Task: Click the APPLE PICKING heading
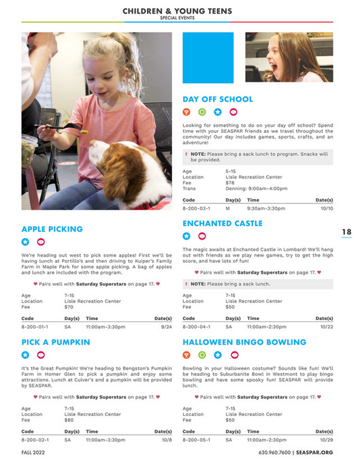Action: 52,229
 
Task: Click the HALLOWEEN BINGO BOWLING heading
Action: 244,342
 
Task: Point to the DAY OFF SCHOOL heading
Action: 217,99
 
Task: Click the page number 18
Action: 346,233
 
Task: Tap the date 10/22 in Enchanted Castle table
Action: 326,327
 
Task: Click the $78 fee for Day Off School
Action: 230,182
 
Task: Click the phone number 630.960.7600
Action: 275,452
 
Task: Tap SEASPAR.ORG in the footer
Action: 315,452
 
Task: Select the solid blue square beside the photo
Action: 208,48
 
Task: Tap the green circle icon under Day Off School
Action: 202,112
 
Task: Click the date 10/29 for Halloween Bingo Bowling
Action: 326,440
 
